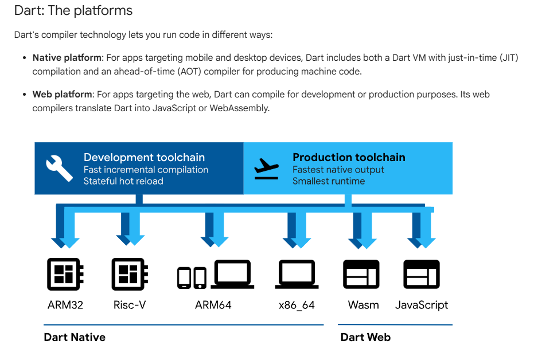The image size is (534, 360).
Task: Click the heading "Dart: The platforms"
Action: (73, 10)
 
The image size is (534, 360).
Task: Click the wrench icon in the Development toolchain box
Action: (59, 167)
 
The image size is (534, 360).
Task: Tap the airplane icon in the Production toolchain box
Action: (267, 168)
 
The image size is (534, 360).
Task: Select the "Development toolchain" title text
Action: (144, 157)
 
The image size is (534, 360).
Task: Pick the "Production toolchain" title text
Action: (349, 157)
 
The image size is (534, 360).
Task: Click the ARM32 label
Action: (65, 304)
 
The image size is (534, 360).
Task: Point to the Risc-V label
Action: (130, 304)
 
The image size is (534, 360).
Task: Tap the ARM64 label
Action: (213, 304)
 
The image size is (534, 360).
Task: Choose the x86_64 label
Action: (297, 304)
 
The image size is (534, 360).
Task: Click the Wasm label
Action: (363, 304)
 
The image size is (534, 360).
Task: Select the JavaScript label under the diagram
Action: (422, 304)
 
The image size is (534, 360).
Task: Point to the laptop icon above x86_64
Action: (297, 275)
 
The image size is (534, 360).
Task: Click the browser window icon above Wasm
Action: (361, 275)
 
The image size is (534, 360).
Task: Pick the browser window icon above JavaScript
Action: (422, 275)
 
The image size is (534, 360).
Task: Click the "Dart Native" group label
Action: (75, 337)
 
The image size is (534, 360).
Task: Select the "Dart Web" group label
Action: (365, 337)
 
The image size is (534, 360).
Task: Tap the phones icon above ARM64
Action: (192, 277)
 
